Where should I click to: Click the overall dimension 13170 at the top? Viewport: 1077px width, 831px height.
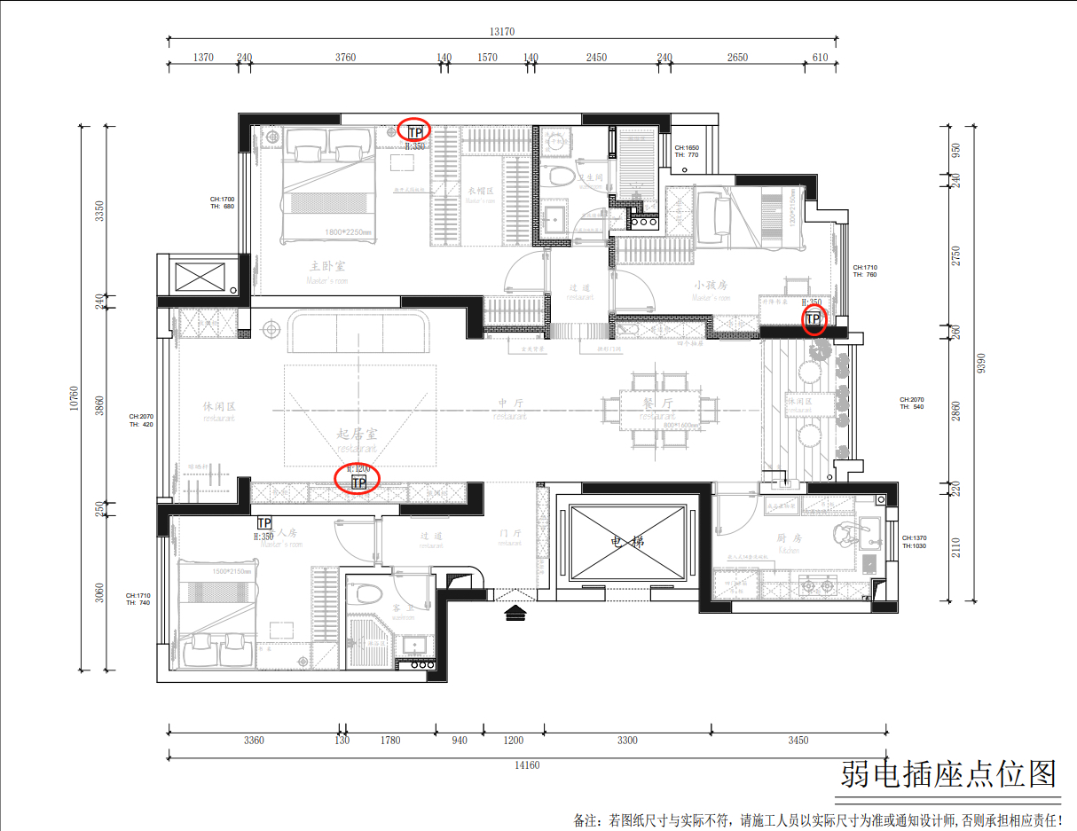coord(501,32)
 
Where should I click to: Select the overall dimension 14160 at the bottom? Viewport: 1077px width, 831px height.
coord(526,765)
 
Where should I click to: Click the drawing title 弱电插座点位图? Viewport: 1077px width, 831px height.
coord(949,774)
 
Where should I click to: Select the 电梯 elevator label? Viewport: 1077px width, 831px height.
coord(628,542)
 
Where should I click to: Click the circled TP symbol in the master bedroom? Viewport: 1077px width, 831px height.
coord(414,131)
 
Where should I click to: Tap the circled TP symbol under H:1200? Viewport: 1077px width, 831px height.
coord(358,482)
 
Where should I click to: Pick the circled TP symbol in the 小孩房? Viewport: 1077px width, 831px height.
coord(814,318)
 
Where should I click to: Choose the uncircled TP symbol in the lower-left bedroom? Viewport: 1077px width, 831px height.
coord(263,523)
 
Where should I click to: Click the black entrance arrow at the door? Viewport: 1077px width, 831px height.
coord(514,612)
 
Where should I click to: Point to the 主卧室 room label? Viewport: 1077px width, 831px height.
coord(327,265)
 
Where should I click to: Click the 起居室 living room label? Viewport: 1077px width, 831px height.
coord(358,434)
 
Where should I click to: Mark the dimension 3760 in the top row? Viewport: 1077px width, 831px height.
coord(345,58)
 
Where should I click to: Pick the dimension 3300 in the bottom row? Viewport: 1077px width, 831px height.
coord(627,740)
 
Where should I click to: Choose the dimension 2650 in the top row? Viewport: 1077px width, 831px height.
coord(736,58)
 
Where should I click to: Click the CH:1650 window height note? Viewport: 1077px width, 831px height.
coord(687,147)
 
